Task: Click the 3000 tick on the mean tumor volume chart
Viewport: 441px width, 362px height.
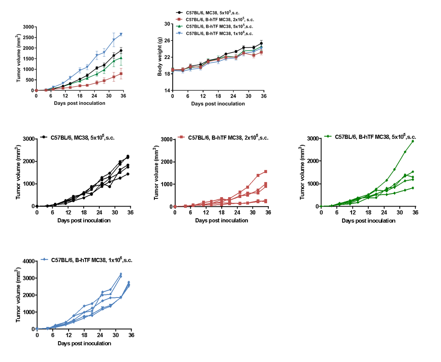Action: click(28, 27)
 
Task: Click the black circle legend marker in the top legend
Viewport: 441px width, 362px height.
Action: click(179, 13)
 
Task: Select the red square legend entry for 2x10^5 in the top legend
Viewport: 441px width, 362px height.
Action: click(179, 20)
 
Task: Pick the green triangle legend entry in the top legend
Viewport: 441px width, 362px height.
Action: click(179, 26)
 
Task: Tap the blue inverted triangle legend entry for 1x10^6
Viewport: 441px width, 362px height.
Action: click(179, 33)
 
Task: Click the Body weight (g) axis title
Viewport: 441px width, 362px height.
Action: click(160, 57)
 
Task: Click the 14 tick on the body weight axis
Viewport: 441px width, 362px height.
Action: click(167, 90)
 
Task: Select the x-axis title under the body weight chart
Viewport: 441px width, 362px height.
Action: click(218, 104)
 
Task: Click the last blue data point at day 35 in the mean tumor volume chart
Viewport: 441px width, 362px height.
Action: click(121, 34)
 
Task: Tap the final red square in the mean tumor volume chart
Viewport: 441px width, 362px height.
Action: click(121, 74)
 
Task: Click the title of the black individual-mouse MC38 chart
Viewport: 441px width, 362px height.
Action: click(82, 138)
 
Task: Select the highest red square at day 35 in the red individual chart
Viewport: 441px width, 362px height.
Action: click(266, 171)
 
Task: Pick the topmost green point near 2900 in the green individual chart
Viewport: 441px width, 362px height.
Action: click(413, 141)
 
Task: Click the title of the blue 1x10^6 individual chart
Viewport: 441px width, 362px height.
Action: click(92, 260)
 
